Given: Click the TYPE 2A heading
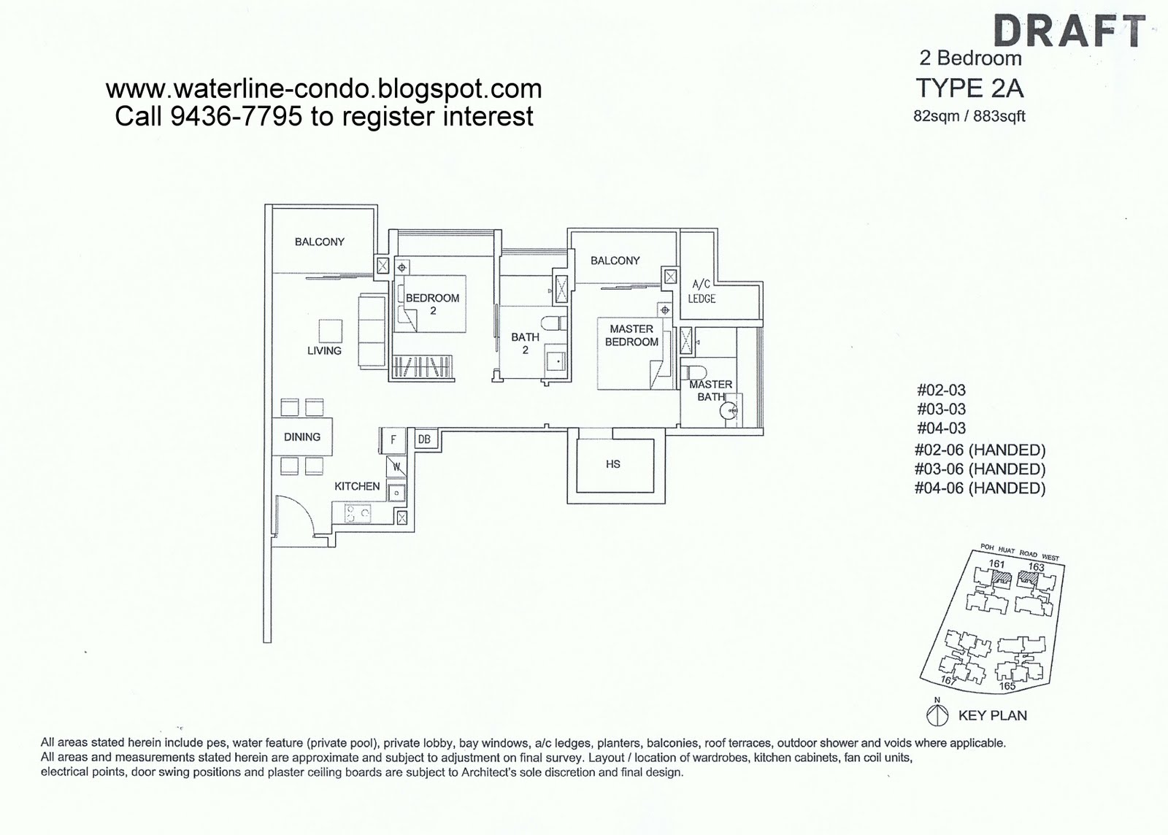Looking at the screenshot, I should (x=969, y=88).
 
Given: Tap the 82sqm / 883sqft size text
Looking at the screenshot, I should (x=969, y=116).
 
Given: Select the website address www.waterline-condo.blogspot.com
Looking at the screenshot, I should (x=323, y=89).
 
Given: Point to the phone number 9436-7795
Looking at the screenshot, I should (x=236, y=116).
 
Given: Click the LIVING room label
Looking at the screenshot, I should (x=324, y=351).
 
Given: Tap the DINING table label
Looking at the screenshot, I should (x=302, y=437).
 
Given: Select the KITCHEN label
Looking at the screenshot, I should (x=357, y=486).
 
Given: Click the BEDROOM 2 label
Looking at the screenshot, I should (x=432, y=304).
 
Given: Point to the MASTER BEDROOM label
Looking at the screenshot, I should (x=631, y=336).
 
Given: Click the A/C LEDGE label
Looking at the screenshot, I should (x=701, y=291).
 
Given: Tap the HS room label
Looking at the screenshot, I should (x=612, y=464).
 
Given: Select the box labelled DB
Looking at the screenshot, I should (x=424, y=439).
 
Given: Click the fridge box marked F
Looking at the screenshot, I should (x=393, y=440).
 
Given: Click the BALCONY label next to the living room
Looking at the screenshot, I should (x=319, y=242).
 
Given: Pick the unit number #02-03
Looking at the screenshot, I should (x=941, y=390).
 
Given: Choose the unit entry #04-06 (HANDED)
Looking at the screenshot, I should (x=979, y=488).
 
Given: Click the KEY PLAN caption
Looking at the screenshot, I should (x=992, y=715).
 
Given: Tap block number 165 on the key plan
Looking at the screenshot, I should (x=1007, y=686).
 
